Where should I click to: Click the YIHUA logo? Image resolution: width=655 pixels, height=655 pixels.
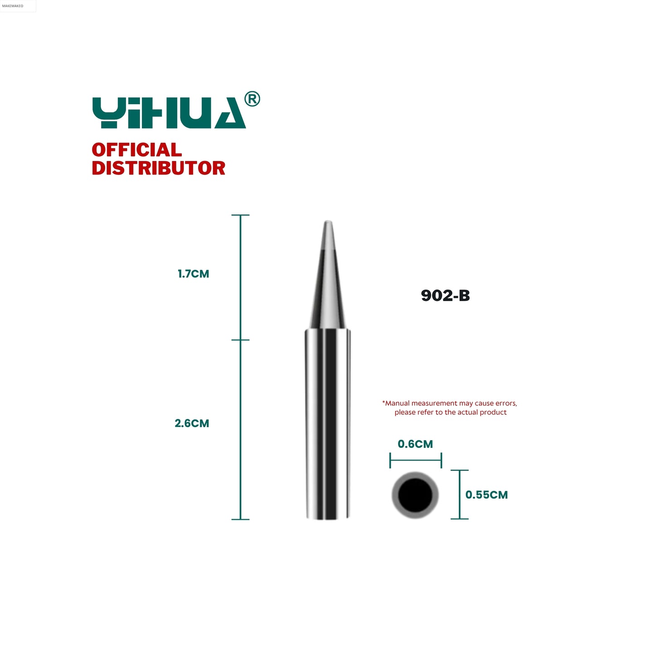(169, 112)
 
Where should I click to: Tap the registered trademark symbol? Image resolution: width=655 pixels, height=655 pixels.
(252, 99)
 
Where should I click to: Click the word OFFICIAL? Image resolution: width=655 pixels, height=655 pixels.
(136, 150)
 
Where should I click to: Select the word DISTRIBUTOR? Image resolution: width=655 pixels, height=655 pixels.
(158, 168)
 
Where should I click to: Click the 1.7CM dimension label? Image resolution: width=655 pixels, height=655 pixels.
(194, 274)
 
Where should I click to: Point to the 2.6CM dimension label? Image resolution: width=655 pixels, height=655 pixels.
(192, 423)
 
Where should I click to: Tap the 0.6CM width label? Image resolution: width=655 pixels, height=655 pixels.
(415, 444)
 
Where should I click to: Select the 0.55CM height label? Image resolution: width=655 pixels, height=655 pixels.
(486, 495)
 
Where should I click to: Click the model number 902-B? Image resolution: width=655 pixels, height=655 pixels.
(445, 296)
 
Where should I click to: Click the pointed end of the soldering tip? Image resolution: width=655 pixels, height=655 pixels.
(328, 221)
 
